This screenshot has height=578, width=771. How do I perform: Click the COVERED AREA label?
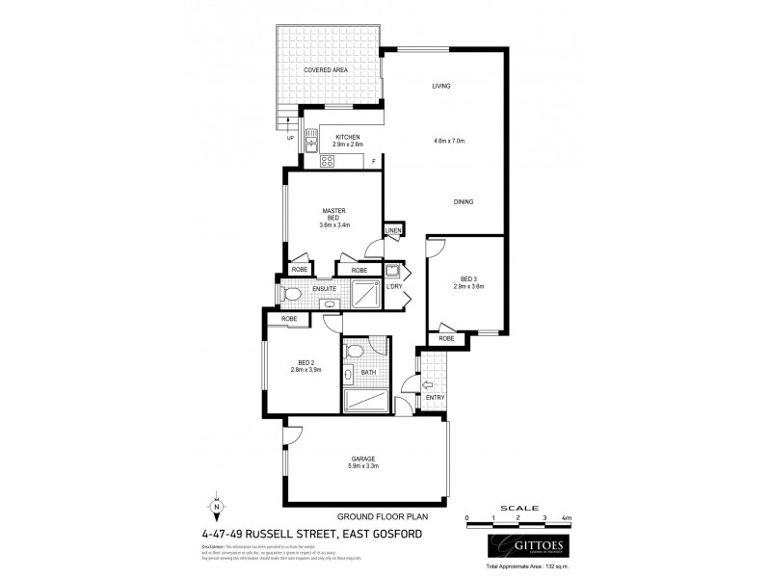pyautogui.click(x=326, y=70)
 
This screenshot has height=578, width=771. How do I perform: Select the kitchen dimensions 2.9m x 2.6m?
pyautogui.click(x=347, y=145)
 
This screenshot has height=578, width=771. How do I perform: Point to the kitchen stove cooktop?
pyautogui.click(x=327, y=161)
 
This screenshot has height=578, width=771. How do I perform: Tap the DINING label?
pyautogui.click(x=465, y=201)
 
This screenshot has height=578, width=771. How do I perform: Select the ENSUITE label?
pyautogui.click(x=324, y=289)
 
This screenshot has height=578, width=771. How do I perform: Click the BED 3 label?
pyautogui.click(x=468, y=280)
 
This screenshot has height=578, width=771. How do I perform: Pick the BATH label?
pyautogui.click(x=367, y=373)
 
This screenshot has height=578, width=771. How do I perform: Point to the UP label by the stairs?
pyautogui.click(x=290, y=139)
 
